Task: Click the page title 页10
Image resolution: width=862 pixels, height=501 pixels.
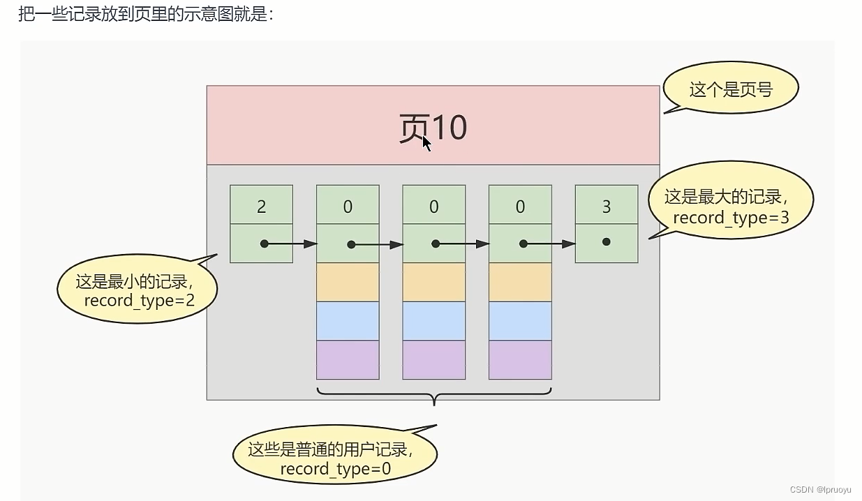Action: pos(433,127)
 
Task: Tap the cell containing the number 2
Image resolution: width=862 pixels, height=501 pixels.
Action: pos(261,207)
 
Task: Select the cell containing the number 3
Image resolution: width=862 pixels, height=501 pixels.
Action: pos(606,207)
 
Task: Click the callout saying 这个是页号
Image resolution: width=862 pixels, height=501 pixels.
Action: pos(731,89)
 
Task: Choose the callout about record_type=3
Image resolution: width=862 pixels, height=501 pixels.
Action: pos(730,207)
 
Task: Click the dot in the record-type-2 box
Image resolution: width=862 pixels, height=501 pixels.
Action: pos(264,244)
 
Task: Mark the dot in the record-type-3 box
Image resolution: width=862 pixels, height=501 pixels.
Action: pos(606,242)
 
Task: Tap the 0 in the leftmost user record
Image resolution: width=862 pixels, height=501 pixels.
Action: pos(348,207)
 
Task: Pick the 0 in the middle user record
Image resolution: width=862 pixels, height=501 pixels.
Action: pos(433,207)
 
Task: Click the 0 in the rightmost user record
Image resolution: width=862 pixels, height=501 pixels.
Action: pos(520,207)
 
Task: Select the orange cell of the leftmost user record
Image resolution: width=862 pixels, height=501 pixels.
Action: pos(348,282)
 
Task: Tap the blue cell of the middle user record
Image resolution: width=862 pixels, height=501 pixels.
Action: pos(433,321)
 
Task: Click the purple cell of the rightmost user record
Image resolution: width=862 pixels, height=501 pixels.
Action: pos(520,360)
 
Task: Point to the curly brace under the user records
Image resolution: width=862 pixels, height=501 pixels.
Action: pos(434,396)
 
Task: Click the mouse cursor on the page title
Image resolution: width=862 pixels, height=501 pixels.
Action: pos(426,143)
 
